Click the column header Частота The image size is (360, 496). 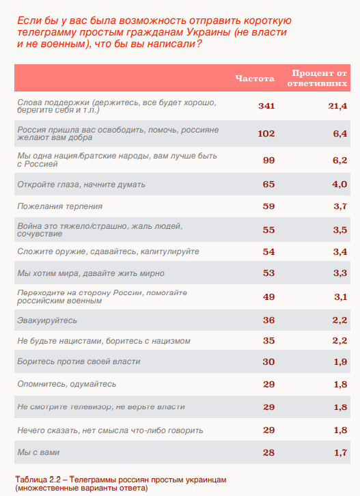point(255,78)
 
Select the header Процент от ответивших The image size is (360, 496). point(317,78)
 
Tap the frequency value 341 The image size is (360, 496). point(266,106)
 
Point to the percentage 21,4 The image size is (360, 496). point(337,106)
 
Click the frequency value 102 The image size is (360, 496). point(266,133)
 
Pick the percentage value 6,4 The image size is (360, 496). point(340,133)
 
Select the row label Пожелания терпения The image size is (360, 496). point(60,206)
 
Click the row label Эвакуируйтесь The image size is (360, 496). point(47,320)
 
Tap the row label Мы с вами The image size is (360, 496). point(38,452)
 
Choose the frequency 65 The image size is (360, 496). point(268,184)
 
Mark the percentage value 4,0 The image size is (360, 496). point(340,184)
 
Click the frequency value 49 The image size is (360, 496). point(268,297)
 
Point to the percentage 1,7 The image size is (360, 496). point(341,453)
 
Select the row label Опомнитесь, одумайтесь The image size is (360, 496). point(67,384)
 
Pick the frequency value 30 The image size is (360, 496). point(268,361)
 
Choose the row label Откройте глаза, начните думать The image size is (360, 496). point(81,184)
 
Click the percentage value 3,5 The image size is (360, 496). point(340,230)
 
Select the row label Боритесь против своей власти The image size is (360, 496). point(79,361)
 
